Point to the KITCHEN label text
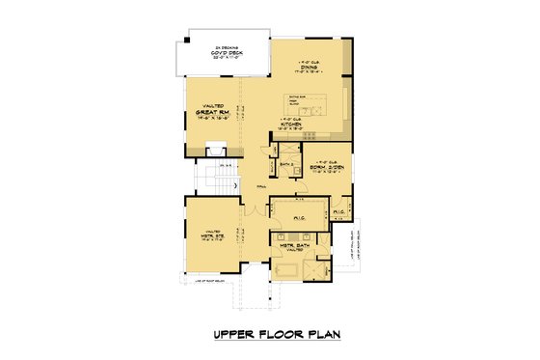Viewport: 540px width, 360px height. (x=292, y=125)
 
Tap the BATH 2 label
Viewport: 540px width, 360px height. (x=285, y=165)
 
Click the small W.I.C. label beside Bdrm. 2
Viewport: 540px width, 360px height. (x=339, y=211)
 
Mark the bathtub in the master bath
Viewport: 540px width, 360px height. (x=287, y=266)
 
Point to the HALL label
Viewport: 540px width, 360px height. (x=261, y=186)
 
